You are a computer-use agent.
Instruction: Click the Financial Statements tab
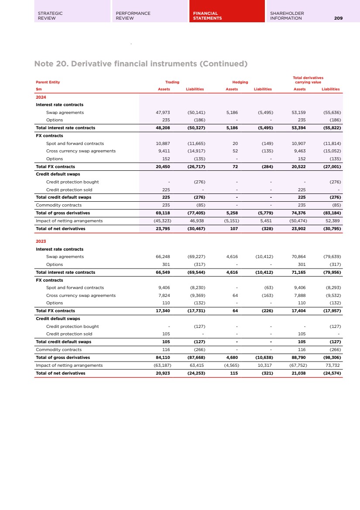coord(226,16)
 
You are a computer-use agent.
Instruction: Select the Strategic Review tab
coord(72,16)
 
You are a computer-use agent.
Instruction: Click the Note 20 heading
coord(141,64)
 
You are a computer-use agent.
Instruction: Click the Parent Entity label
coord(48,82)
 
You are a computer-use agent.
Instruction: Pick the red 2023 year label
coord(41,241)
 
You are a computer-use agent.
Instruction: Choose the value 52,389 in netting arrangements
coord(333,221)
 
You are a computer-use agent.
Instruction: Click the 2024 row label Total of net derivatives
coord(61,228)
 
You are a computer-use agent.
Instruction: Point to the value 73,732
coord(333,365)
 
